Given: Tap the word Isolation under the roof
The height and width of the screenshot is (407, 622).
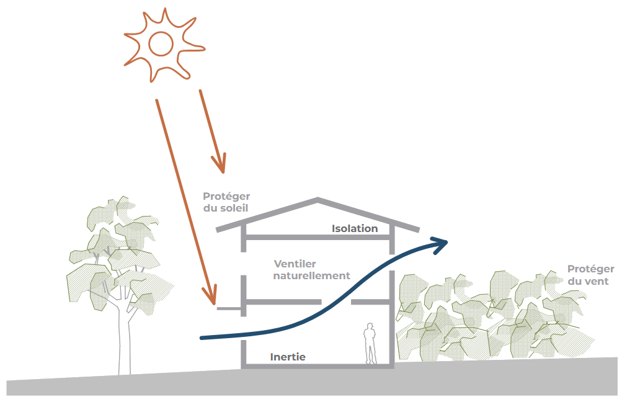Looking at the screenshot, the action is click(x=355, y=228).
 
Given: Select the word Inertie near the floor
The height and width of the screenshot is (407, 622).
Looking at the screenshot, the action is click(x=288, y=357).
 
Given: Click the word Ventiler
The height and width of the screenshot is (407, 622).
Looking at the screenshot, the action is click(x=295, y=264).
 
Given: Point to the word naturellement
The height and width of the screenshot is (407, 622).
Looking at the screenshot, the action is click(x=312, y=275).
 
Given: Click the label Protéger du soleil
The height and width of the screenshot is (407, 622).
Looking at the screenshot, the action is click(x=226, y=202).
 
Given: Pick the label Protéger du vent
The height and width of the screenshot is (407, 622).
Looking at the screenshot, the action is click(x=590, y=275).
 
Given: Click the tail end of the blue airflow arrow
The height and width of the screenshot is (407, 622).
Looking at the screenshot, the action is click(x=202, y=338).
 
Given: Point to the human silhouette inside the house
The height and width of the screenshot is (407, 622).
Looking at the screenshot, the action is click(x=370, y=343).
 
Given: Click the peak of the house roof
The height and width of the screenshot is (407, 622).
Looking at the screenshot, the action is click(x=318, y=198).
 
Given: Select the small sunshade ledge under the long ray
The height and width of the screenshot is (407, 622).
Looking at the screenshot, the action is click(x=229, y=308).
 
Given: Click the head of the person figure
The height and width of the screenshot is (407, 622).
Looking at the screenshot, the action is click(x=370, y=326).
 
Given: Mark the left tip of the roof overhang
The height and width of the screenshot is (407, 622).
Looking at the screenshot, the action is click(x=216, y=230).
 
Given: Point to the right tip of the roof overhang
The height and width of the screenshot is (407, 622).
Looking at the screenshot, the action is click(x=419, y=230).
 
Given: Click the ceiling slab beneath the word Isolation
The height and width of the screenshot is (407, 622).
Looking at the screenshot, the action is click(x=318, y=237).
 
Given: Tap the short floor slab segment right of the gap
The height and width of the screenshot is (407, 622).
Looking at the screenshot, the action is click(x=370, y=302).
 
